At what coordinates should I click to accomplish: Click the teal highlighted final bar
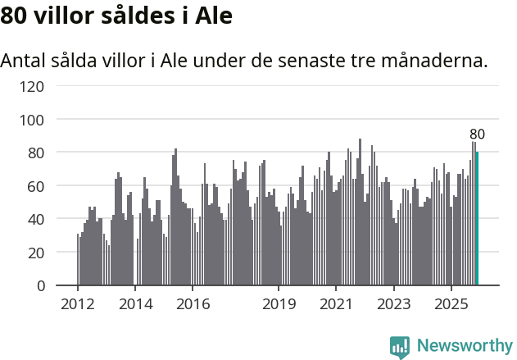pos(477,219)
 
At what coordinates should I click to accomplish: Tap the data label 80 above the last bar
pos(477,134)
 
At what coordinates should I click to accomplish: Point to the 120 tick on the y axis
pos(34,86)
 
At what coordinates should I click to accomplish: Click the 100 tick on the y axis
pos(34,120)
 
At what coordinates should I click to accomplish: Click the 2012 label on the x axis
pos(78,304)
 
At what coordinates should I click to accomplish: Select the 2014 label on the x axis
pos(135,304)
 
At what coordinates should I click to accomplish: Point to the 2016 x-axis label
pos(193,304)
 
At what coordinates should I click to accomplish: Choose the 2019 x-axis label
pos(279,304)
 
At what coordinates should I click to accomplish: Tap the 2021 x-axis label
pos(336,304)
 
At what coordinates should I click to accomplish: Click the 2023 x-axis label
pos(393,304)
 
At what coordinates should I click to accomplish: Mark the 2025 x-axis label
pos(451,304)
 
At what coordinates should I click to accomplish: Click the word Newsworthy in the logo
pos(464,345)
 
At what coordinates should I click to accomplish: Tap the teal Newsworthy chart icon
pos(400,346)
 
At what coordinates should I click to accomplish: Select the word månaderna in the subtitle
pos(438,61)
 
